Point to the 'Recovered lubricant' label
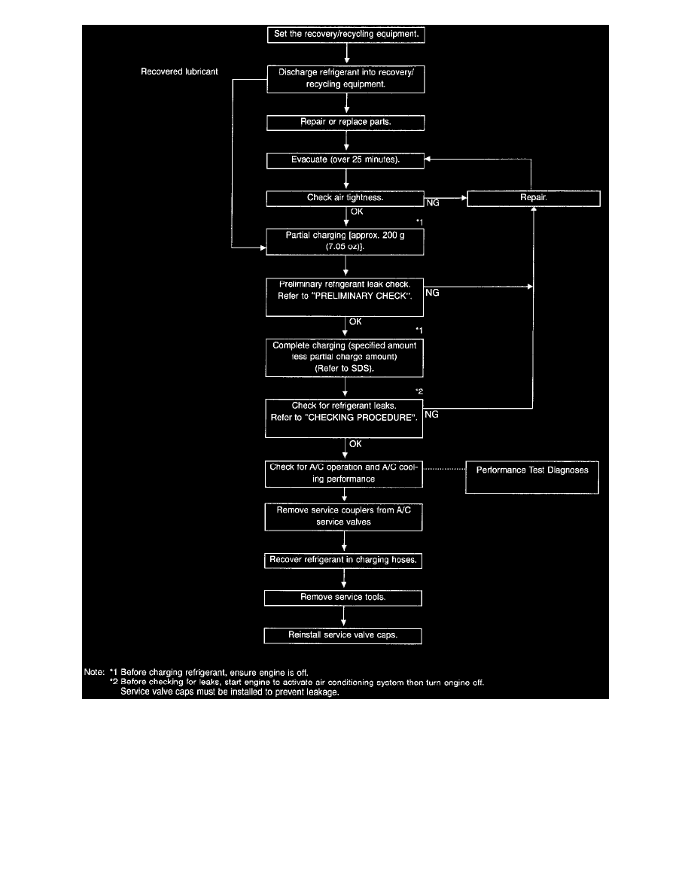(x=180, y=71)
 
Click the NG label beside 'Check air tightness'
(x=433, y=203)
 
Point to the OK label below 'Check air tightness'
(x=357, y=211)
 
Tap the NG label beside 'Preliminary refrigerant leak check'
(x=432, y=293)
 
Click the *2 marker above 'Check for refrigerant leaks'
(x=419, y=391)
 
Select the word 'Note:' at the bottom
(x=94, y=672)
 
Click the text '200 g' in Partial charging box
(x=394, y=235)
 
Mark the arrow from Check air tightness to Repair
(x=446, y=198)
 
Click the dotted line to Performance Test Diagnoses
(x=444, y=469)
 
